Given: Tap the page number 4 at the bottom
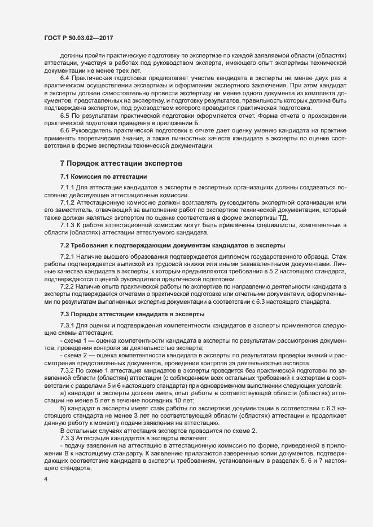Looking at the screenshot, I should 45,479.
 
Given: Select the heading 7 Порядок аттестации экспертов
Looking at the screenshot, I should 121,163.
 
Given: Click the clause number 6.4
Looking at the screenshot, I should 64,77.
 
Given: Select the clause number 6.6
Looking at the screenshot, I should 64,129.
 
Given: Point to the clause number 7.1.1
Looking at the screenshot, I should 68,187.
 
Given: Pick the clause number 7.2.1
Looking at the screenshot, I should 68,256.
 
